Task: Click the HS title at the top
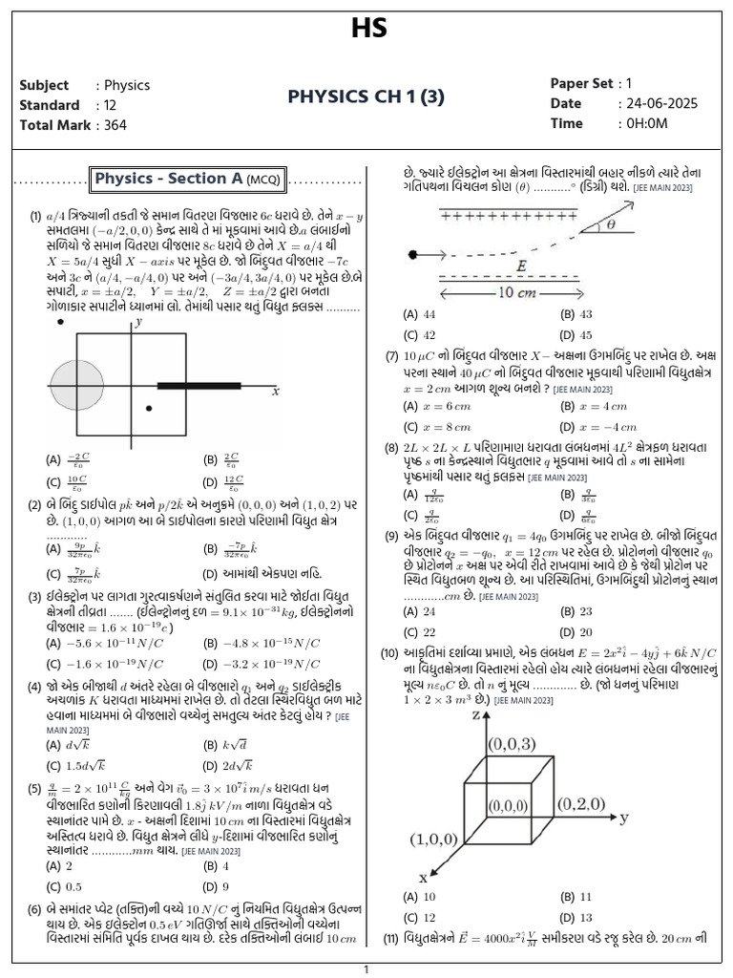[x=366, y=31]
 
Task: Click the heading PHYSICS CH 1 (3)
[x=366, y=96]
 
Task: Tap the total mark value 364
[x=110, y=125]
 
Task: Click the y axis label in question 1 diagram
[x=139, y=324]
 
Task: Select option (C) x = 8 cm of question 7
[x=437, y=427]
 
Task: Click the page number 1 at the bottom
[x=366, y=969]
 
